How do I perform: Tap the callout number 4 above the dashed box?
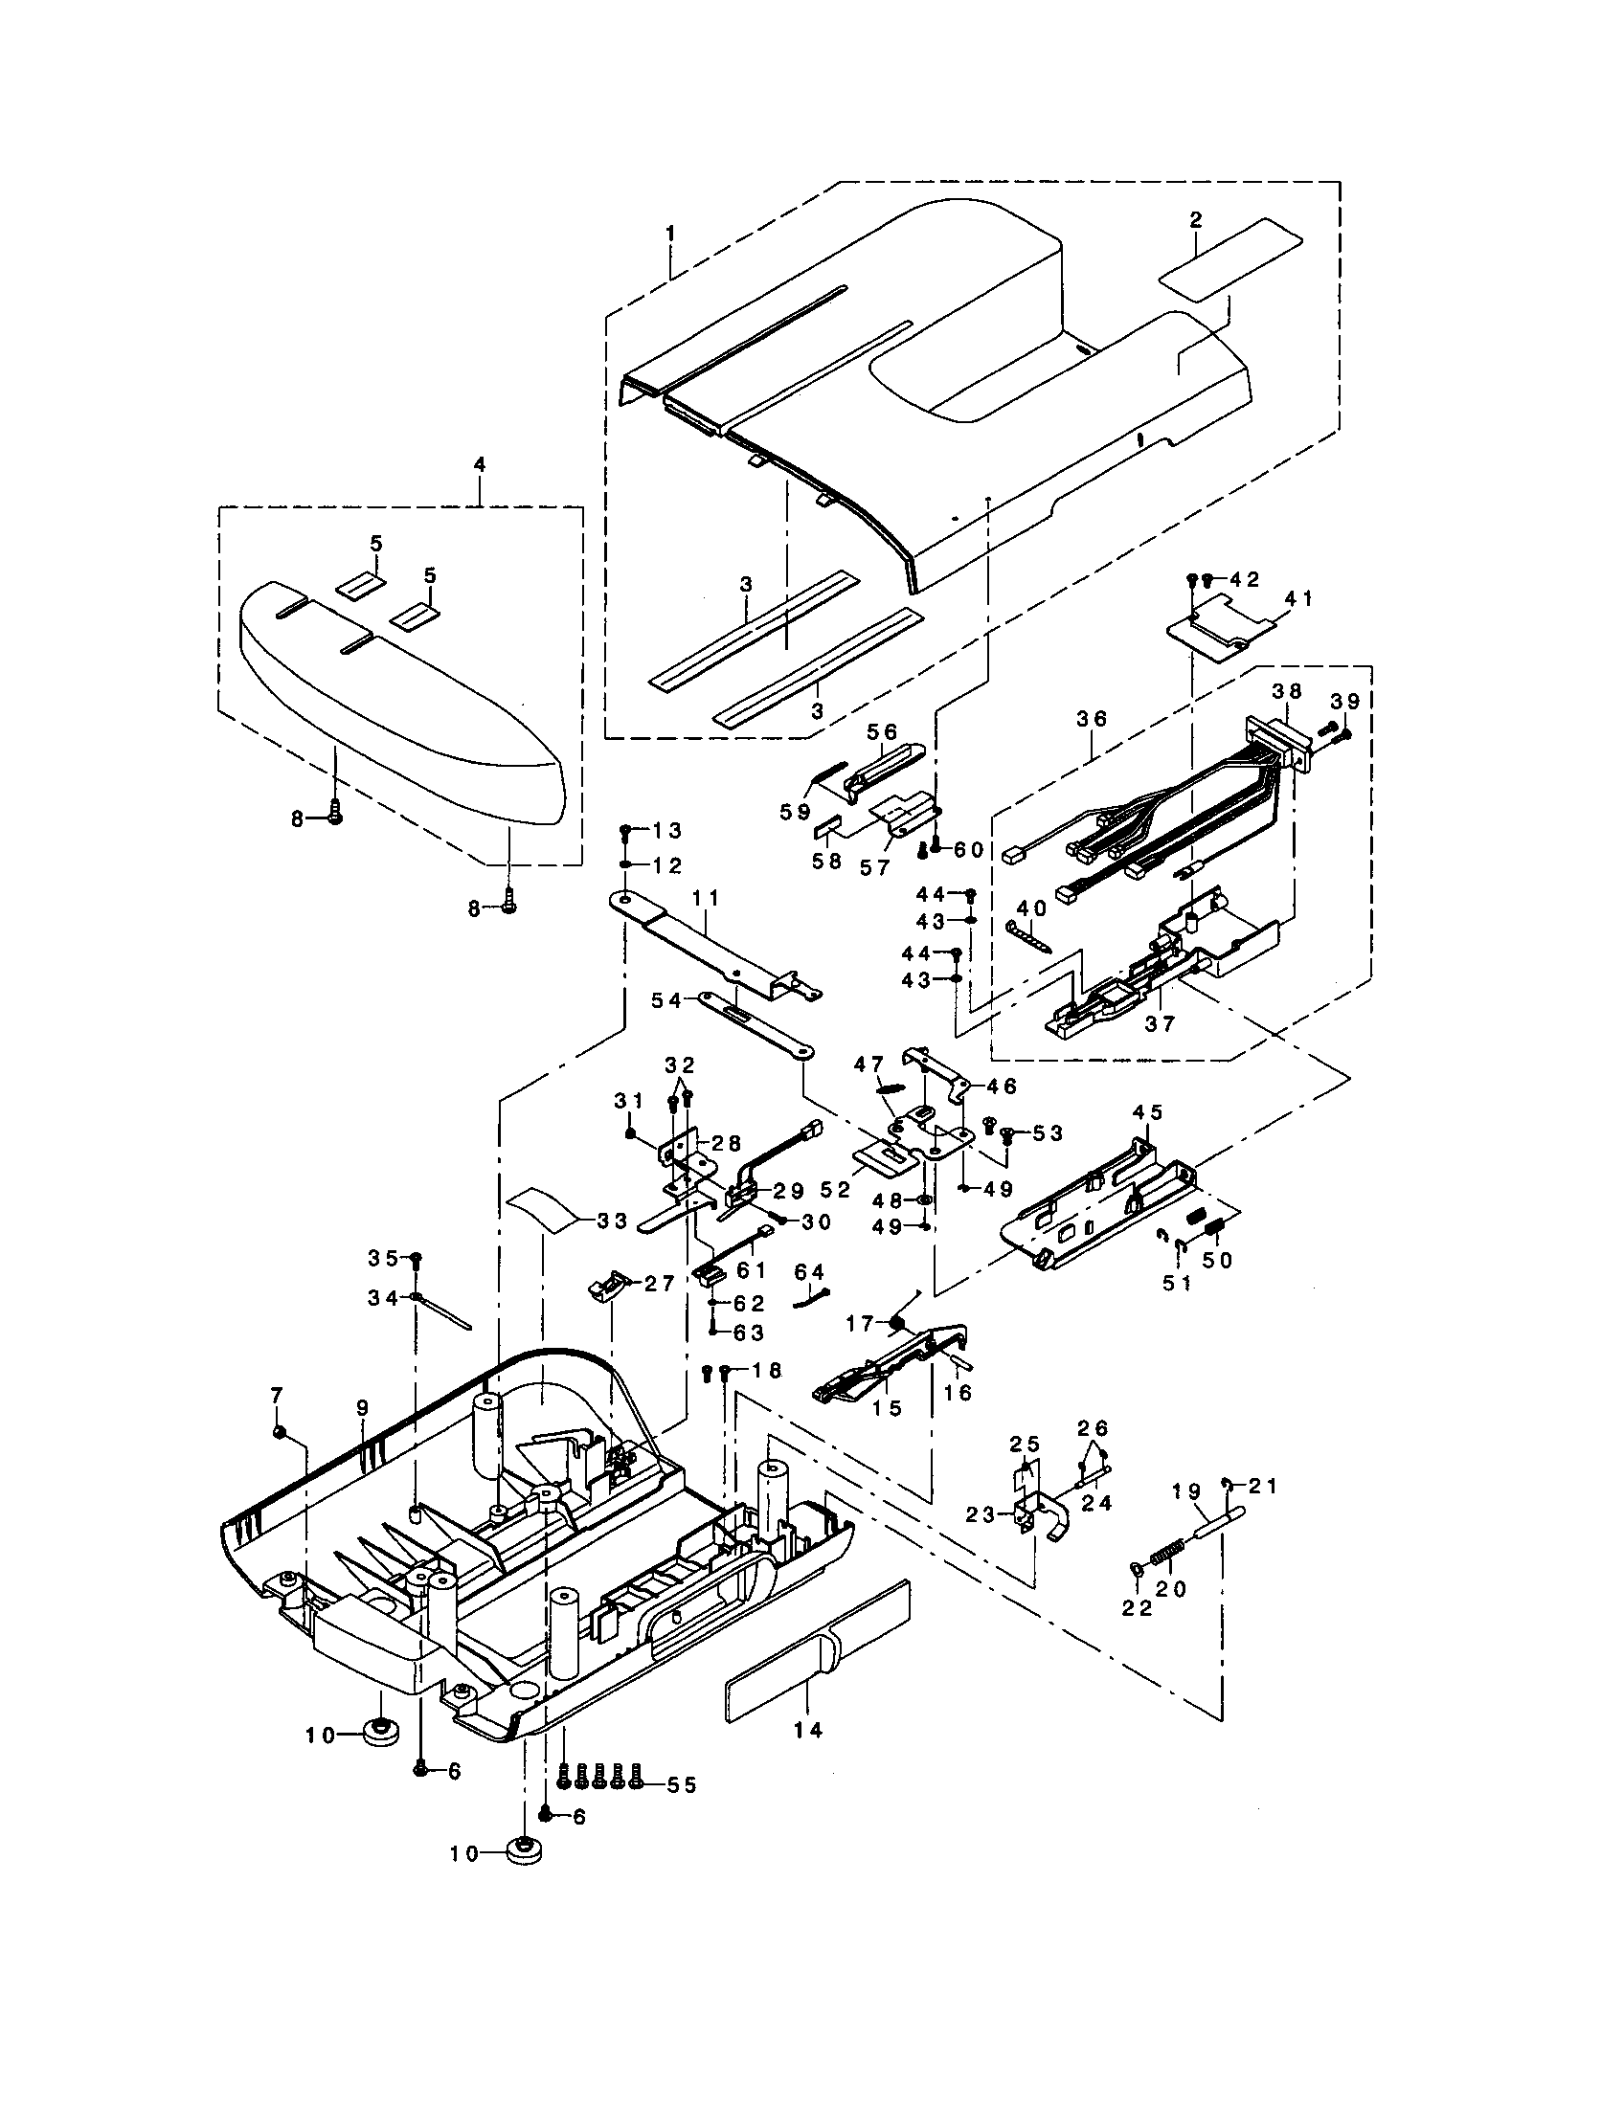click(x=480, y=465)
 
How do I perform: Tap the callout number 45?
click(x=1147, y=1111)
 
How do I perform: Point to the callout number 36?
click(x=1092, y=718)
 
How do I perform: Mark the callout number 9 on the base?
click(x=362, y=1409)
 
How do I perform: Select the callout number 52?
click(x=837, y=1191)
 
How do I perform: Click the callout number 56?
click(x=882, y=733)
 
